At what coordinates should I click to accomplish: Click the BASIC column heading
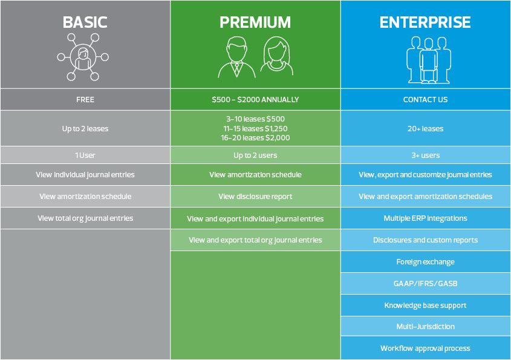(85, 22)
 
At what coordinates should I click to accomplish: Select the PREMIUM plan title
(255, 22)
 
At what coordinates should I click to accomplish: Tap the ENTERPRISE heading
(425, 22)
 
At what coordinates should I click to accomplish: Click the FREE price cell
(85, 99)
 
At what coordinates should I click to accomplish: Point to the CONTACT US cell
(425, 99)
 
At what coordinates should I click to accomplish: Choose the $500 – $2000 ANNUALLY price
(255, 99)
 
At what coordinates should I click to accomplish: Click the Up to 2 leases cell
(85, 128)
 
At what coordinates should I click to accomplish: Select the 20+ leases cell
(425, 128)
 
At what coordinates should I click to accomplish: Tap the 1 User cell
(85, 155)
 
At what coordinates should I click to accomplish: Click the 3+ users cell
(425, 155)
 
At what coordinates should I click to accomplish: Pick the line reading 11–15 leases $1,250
(255, 128)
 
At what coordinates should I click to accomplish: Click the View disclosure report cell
(255, 196)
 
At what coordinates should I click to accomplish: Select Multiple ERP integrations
(425, 218)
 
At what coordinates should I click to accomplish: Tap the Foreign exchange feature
(425, 262)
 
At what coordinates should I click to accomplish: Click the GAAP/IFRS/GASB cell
(425, 283)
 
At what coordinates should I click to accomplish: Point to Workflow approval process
(425, 349)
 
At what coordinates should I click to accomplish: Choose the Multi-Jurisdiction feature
(425, 326)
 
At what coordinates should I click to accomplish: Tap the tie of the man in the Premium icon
(237, 68)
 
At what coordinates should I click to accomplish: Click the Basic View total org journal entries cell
(85, 218)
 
